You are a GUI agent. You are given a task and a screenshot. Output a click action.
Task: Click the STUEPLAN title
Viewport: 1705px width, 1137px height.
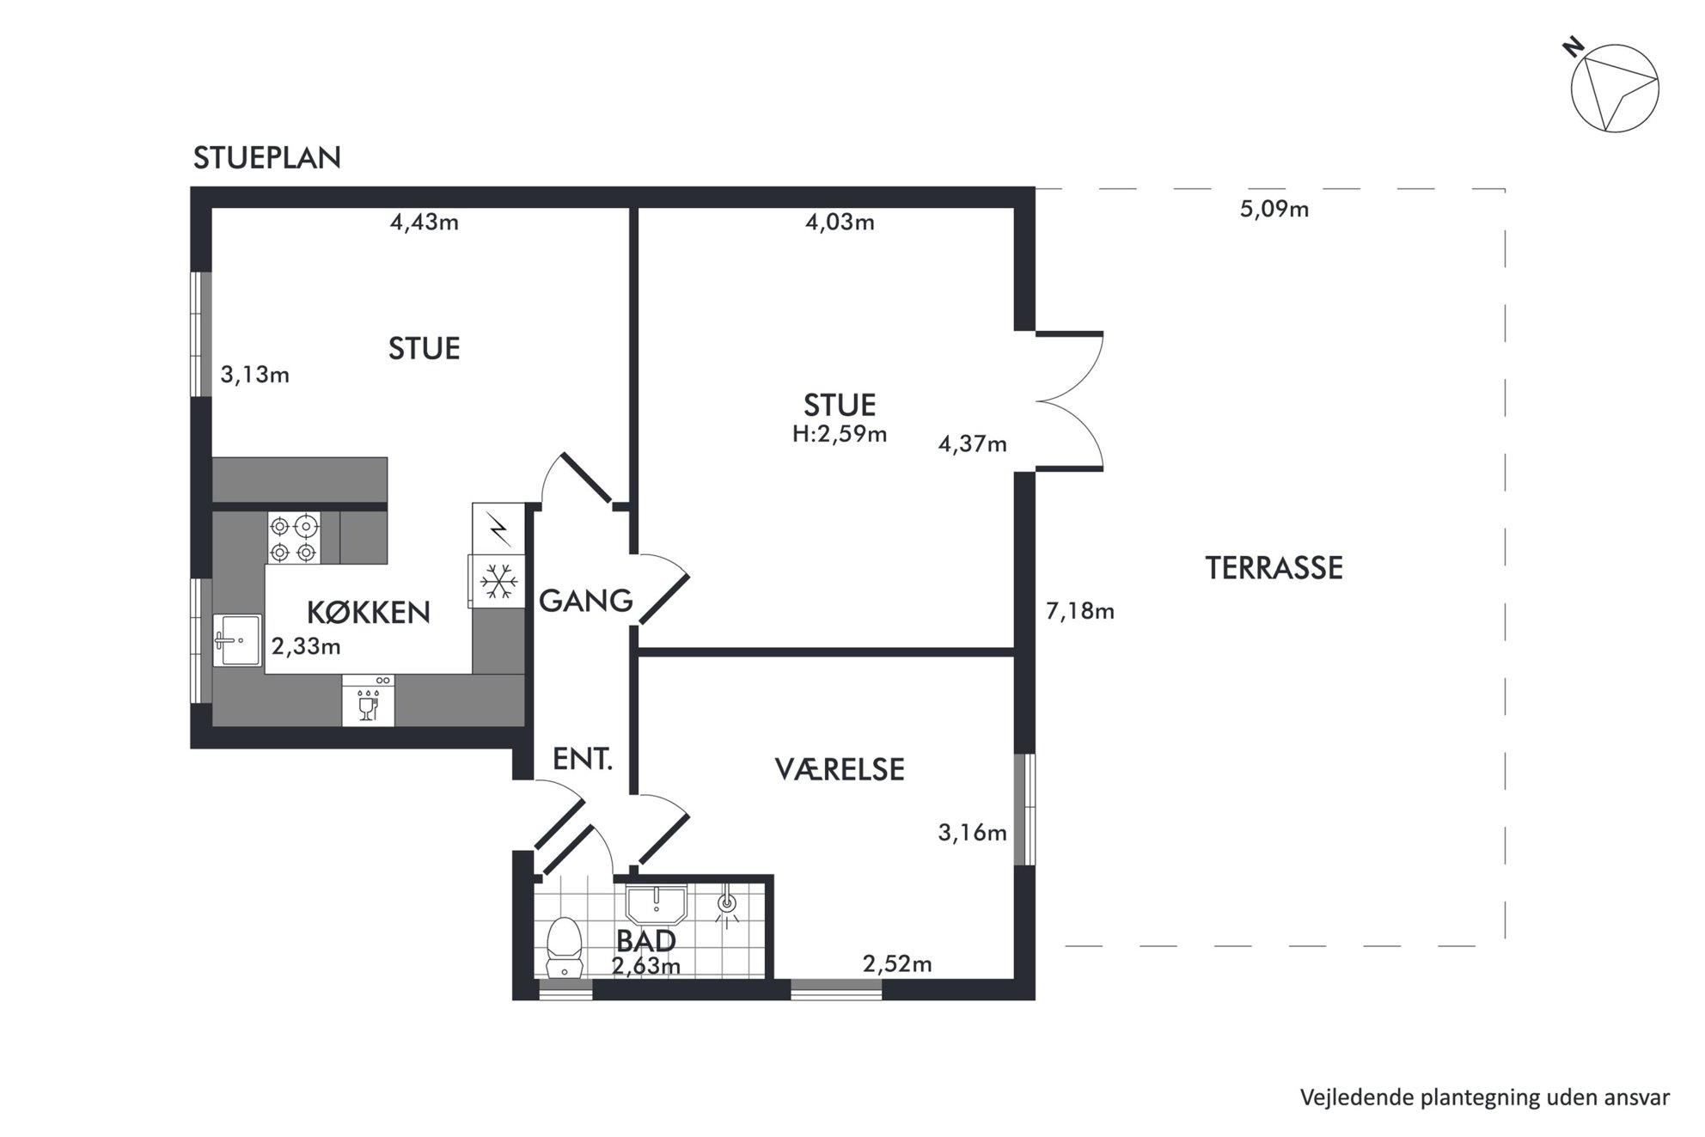pyautogui.click(x=266, y=158)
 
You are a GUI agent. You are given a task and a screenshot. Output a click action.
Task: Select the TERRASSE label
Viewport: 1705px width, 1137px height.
pyautogui.click(x=1274, y=568)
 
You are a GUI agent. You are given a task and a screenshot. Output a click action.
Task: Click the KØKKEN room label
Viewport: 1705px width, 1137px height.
pyautogui.click(x=369, y=612)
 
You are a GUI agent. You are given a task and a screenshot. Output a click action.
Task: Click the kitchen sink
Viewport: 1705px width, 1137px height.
pyautogui.click(x=237, y=639)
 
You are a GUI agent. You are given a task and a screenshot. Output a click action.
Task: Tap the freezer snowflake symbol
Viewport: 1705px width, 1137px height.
pyautogui.click(x=498, y=582)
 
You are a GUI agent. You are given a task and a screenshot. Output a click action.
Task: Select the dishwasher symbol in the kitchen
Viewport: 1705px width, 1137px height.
pyautogui.click(x=369, y=700)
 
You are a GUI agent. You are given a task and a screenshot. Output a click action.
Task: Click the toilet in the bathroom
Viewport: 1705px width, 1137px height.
pyautogui.click(x=565, y=947)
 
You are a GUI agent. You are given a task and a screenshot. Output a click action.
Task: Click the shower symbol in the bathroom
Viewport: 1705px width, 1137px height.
pyautogui.click(x=727, y=906)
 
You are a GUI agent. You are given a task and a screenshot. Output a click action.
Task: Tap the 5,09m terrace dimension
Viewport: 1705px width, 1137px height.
pyautogui.click(x=1274, y=210)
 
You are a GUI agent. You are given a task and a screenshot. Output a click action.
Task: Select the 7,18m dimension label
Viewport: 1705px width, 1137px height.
pyautogui.click(x=1080, y=611)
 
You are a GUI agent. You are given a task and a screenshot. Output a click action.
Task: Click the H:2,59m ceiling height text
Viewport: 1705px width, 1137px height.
pyautogui.click(x=840, y=435)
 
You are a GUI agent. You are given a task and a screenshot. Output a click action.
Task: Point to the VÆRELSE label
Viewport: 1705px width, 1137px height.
pyautogui.click(x=840, y=769)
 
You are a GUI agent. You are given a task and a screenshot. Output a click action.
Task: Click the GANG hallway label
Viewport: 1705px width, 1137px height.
pyautogui.click(x=586, y=600)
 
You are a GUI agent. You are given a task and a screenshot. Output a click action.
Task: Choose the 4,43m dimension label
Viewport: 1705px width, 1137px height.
pyautogui.click(x=425, y=223)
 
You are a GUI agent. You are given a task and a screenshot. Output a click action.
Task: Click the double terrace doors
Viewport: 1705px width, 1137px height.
pyautogui.click(x=1068, y=400)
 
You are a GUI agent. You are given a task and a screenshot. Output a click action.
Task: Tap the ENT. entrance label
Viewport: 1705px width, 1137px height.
pyautogui.click(x=583, y=759)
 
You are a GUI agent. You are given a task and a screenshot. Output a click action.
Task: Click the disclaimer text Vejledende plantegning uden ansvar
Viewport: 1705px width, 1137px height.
pyautogui.click(x=1485, y=1097)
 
